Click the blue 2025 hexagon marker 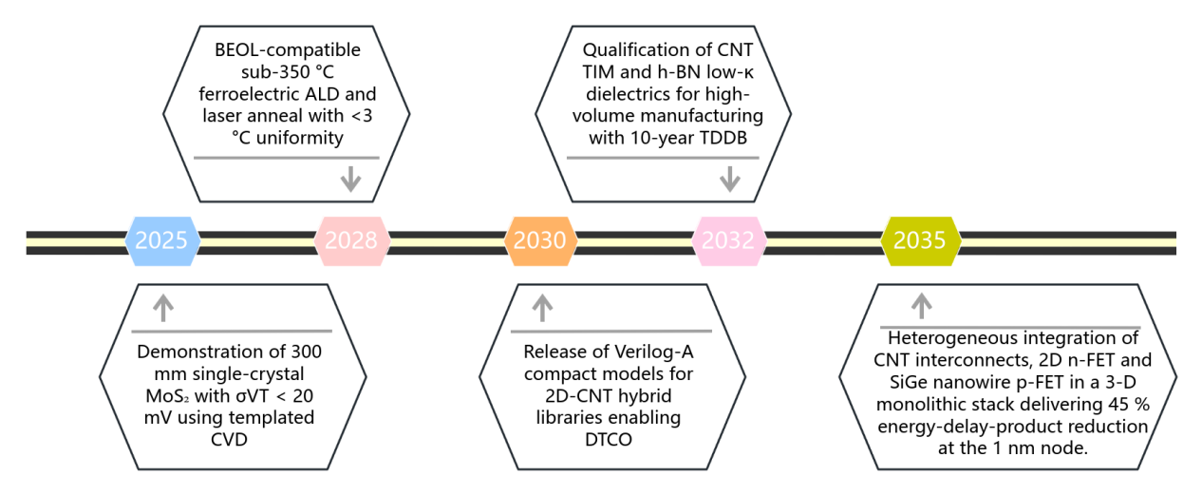[x=161, y=240]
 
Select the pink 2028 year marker [x=351, y=240]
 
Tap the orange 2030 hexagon [x=540, y=240]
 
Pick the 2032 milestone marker [x=729, y=240]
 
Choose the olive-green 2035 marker [x=919, y=240]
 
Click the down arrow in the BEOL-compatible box [x=351, y=180]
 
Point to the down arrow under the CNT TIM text [x=729, y=180]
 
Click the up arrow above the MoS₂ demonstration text [x=163, y=307]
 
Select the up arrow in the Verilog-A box [x=542, y=307]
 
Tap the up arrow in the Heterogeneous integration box [x=921, y=306]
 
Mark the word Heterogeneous [x=947, y=338]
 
